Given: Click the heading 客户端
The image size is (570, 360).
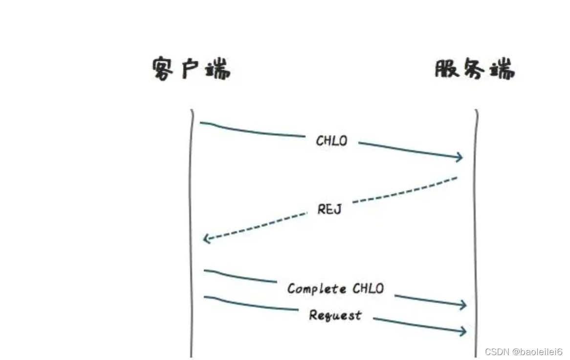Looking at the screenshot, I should tap(191, 70).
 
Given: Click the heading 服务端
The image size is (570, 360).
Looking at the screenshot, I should tap(474, 69).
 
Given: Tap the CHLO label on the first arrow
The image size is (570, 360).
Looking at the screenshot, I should tap(331, 141).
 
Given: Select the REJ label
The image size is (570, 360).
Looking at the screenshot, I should tap(329, 209).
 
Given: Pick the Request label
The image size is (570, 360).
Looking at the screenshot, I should tap(335, 315).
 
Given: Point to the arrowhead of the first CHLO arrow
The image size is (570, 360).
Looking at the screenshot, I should tap(459, 157).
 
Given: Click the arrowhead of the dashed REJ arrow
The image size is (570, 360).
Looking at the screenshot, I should tap(206, 239).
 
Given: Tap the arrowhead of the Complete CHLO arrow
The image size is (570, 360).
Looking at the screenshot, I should tap(463, 304).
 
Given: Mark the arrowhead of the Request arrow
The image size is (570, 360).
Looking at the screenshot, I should tap(463, 331).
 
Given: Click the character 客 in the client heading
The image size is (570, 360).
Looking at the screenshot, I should tap(164, 70).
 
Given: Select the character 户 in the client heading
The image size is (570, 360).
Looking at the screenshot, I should tap(191, 70).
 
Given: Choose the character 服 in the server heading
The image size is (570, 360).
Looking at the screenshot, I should tap(446, 69).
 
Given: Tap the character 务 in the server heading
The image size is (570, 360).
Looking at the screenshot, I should tap(473, 69).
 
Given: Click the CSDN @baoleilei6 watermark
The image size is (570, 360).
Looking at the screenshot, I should tap(523, 352).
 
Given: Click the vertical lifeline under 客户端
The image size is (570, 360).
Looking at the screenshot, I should tap(191, 196).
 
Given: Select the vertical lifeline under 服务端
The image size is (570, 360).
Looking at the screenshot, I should tap(476, 220).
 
